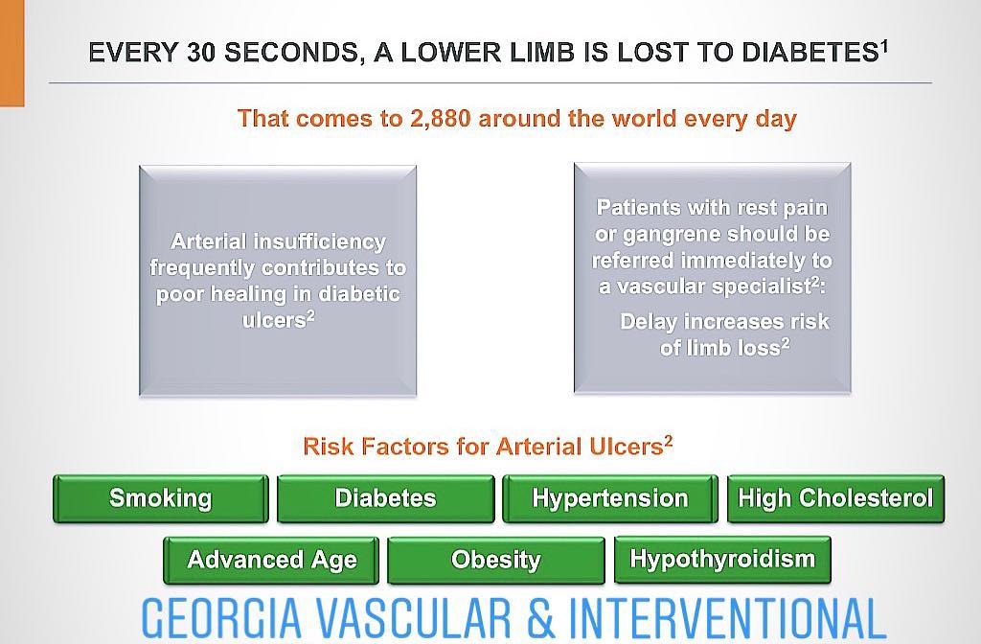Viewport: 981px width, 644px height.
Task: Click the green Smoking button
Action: coord(161,498)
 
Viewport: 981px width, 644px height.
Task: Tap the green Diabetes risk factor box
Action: coord(385,498)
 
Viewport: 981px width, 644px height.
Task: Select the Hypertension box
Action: coord(610,498)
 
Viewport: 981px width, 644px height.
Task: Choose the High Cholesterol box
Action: coord(835,498)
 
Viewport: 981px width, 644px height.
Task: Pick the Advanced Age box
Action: coord(271,560)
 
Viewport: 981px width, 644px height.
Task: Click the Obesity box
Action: coord(496,560)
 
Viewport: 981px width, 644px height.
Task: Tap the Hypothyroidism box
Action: coord(722,560)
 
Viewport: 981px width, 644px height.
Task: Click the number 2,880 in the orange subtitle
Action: coord(440,119)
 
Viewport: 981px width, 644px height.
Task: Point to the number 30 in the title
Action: coord(200,53)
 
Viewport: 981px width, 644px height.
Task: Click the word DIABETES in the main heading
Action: coord(810,53)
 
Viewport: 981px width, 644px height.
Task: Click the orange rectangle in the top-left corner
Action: coord(11,54)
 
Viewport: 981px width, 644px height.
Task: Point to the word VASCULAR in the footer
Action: coord(414,618)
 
